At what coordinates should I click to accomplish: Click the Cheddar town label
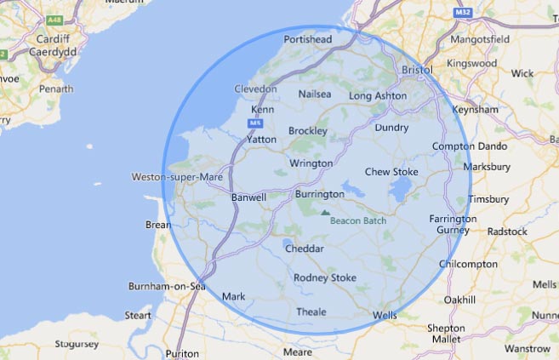click(x=305, y=249)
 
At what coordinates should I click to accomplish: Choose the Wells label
click(x=385, y=316)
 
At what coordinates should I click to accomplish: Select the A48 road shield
click(x=55, y=18)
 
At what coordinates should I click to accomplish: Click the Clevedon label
click(x=255, y=89)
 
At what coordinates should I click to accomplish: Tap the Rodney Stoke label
click(x=324, y=277)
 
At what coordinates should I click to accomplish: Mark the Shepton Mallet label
click(x=446, y=333)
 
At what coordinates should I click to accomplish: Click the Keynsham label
click(x=476, y=110)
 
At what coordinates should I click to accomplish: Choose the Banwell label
click(x=248, y=197)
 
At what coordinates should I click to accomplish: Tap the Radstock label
click(x=508, y=231)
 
